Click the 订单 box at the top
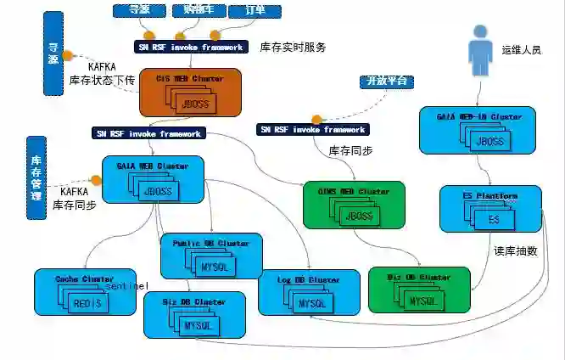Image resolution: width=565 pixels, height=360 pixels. tap(255, 10)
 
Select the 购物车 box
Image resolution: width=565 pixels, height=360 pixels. tap(199, 10)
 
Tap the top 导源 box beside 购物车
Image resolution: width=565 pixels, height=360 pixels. tap(139, 10)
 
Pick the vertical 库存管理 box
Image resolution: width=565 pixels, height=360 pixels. tap(36, 177)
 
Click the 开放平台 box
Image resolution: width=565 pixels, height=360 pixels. tap(386, 82)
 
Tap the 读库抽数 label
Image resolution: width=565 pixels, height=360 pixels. tap(517, 251)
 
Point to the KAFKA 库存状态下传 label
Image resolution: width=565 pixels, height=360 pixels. tap(102, 72)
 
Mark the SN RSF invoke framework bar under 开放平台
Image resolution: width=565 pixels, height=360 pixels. tap(313, 129)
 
